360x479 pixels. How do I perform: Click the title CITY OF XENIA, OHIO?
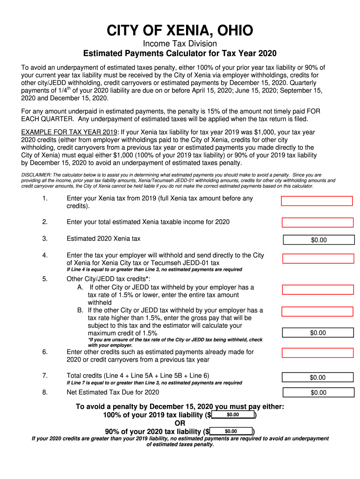pos(180,31)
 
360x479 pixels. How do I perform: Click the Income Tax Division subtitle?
pos(180,44)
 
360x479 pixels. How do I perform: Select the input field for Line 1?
pos(317,201)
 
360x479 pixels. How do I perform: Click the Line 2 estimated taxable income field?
pos(317,222)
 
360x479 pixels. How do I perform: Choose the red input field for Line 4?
pos(318,259)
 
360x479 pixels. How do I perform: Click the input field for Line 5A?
pos(318,289)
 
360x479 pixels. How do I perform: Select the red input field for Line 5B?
pos(317,312)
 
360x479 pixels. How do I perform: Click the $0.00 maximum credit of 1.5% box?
pos(318,333)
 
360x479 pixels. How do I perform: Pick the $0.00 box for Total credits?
pos(318,377)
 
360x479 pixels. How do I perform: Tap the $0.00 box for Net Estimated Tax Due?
pos(318,392)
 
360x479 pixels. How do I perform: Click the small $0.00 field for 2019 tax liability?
pos(233,415)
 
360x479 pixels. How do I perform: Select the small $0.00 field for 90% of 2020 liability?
pos(231,431)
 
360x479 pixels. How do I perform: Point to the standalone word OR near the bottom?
pos(180,423)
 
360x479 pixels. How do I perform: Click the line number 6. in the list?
pos(45,352)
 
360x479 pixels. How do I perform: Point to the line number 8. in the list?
pos(45,392)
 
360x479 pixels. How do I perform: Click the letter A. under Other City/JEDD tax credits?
pos(81,287)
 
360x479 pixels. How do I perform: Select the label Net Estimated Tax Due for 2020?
pos(113,392)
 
